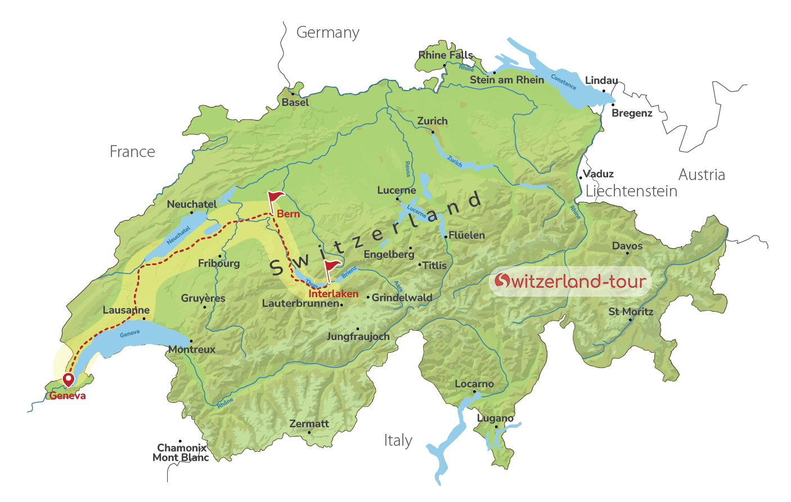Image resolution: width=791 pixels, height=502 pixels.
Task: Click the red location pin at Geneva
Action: pyautogui.click(x=68, y=379)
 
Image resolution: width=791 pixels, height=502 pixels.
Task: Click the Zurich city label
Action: pyautogui.click(x=432, y=121)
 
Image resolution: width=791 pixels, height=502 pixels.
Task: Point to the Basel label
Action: pyautogui.click(x=295, y=102)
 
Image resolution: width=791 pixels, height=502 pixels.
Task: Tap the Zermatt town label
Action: pyautogui.click(x=309, y=424)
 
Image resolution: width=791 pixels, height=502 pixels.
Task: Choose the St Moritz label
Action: pyautogui.click(x=631, y=312)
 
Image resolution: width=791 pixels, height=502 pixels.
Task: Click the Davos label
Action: pyautogui.click(x=627, y=246)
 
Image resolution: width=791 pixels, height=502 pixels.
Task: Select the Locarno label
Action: pyautogui.click(x=474, y=384)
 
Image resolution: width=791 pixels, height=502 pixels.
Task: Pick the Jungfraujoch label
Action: pyautogui.click(x=358, y=337)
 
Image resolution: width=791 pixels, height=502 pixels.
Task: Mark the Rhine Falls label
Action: pyautogui.click(x=446, y=55)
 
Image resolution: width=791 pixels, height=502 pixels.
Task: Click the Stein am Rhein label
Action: pyautogui.click(x=507, y=80)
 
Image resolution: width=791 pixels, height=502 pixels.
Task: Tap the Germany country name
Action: pyautogui.click(x=327, y=33)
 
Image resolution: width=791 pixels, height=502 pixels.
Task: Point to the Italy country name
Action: pyautogui.click(x=398, y=440)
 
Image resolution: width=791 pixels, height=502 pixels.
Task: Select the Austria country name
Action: pyautogui.click(x=702, y=174)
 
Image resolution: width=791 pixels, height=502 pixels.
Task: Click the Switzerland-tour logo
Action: pyautogui.click(x=570, y=281)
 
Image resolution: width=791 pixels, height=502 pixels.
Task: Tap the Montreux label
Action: pyautogui.click(x=192, y=349)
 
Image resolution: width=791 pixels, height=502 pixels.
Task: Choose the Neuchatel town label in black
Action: pyautogui.click(x=192, y=204)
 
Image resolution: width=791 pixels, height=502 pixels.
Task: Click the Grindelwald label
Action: pyautogui.click(x=402, y=297)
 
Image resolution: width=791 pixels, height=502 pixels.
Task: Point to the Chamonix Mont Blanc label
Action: pyautogui.click(x=181, y=452)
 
